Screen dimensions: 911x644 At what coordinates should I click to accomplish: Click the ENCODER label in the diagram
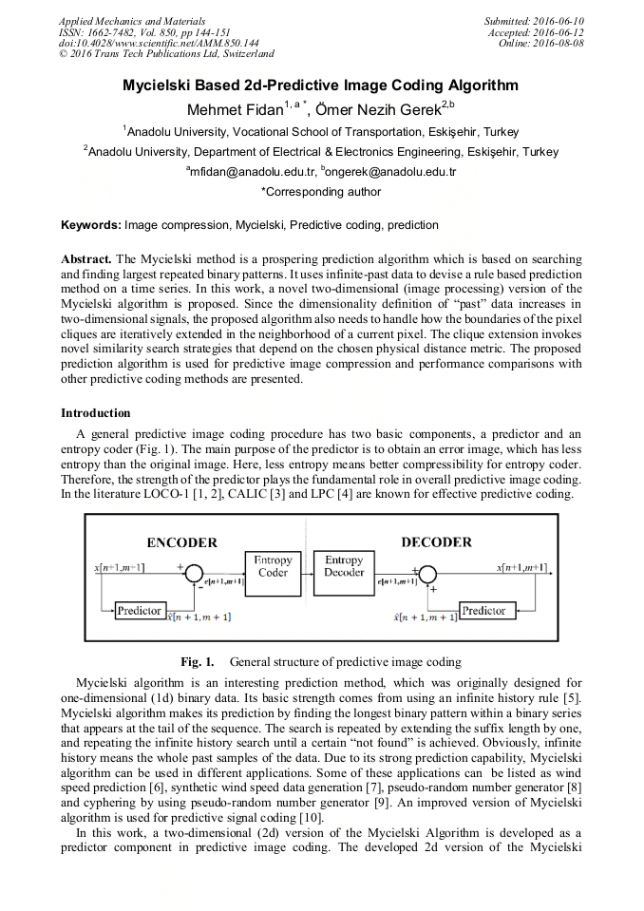click(181, 542)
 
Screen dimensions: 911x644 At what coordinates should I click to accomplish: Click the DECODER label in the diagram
click(436, 541)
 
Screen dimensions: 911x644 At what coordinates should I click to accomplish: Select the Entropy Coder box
click(273, 566)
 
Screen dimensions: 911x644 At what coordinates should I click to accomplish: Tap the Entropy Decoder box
click(344, 566)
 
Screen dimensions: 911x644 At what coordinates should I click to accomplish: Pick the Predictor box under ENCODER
click(139, 610)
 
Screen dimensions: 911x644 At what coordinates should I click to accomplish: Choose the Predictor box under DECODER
click(483, 610)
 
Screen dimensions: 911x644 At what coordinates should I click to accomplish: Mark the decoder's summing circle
click(428, 576)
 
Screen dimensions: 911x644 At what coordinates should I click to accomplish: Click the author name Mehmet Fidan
click(229, 108)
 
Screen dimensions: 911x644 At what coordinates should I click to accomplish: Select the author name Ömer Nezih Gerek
click(370, 108)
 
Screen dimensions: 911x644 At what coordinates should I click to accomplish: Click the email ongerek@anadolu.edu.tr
click(391, 172)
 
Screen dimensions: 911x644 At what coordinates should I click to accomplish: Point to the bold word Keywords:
click(90, 225)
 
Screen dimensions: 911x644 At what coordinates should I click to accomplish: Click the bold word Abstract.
click(86, 259)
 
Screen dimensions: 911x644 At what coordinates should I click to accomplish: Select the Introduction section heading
click(96, 413)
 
